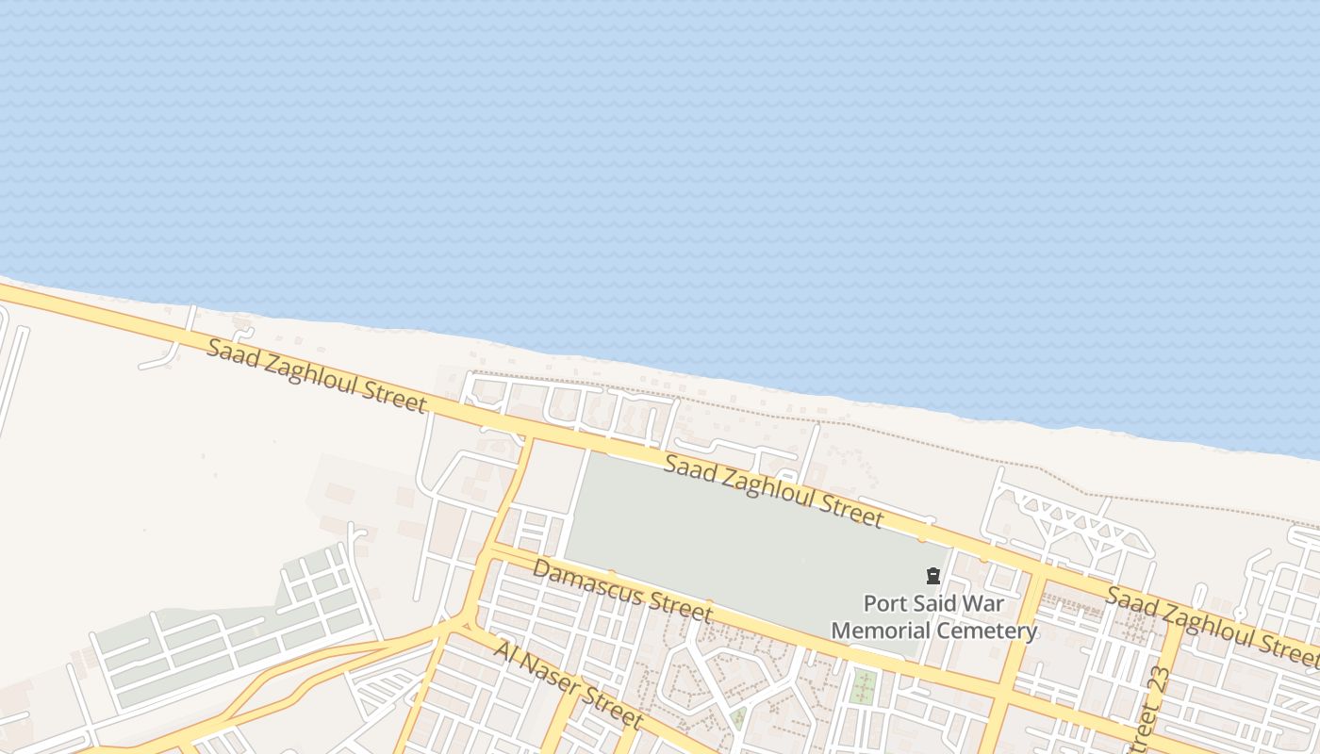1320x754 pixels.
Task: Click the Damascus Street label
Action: (x=622, y=591)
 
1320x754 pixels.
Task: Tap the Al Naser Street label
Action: (x=568, y=685)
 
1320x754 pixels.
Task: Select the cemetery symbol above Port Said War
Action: (x=932, y=576)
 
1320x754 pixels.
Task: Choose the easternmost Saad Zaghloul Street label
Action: (x=1212, y=622)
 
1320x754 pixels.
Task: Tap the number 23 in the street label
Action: (x=1160, y=680)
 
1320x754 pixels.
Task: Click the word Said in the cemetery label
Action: (x=935, y=603)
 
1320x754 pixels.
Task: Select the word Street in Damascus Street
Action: (x=685, y=608)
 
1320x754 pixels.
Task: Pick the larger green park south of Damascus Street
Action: (x=862, y=686)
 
